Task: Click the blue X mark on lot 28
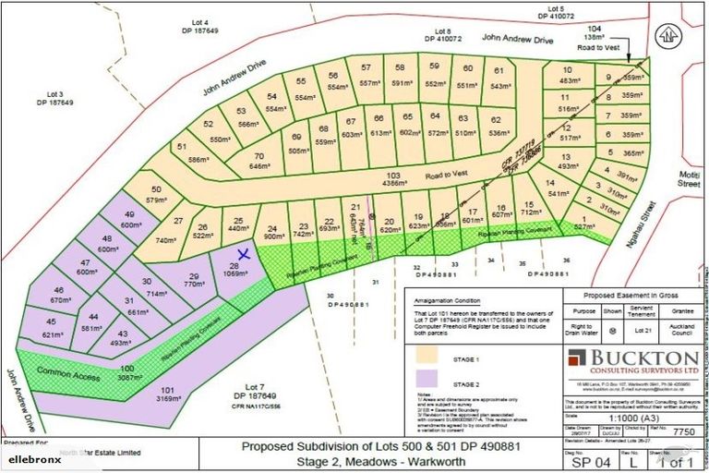coord(244,253)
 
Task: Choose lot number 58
coord(400,67)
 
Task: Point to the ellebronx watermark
coord(37,458)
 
